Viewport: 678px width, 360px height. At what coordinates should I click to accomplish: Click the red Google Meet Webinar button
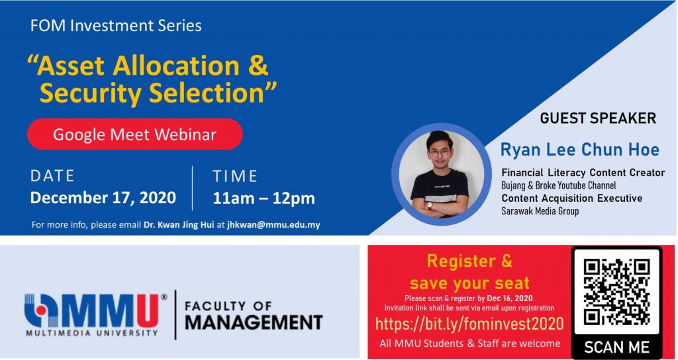(135, 134)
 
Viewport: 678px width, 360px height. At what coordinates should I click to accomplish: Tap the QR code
(616, 292)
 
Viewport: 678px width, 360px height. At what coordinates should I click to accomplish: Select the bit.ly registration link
(469, 324)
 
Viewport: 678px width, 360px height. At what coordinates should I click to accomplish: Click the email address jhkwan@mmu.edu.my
(273, 225)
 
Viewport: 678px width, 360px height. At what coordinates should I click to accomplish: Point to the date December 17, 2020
(103, 198)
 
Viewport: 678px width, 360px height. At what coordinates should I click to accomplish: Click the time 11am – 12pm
(264, 199)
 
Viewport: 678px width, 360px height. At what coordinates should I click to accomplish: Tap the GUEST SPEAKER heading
(598, 118)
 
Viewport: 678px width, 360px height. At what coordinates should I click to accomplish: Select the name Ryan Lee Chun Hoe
(580, 150)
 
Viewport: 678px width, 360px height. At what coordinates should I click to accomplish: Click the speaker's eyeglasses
(440, 152)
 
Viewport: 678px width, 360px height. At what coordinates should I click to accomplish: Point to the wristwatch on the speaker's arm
(429, 205)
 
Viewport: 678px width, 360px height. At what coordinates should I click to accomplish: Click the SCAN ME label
(616, 347)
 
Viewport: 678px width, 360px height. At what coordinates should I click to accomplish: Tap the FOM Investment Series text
(116, 26)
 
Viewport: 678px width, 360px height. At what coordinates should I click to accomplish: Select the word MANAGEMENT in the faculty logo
(254, 322)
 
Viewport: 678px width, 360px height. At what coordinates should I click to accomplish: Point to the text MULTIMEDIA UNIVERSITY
(91, 334)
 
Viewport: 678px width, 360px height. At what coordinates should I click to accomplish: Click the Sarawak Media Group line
(540, 211)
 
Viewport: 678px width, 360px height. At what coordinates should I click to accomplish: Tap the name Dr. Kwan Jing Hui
(179, 225)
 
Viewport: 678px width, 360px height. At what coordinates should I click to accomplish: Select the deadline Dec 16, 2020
(510, 298)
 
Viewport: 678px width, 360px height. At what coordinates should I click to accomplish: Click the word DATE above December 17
(52, 176)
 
